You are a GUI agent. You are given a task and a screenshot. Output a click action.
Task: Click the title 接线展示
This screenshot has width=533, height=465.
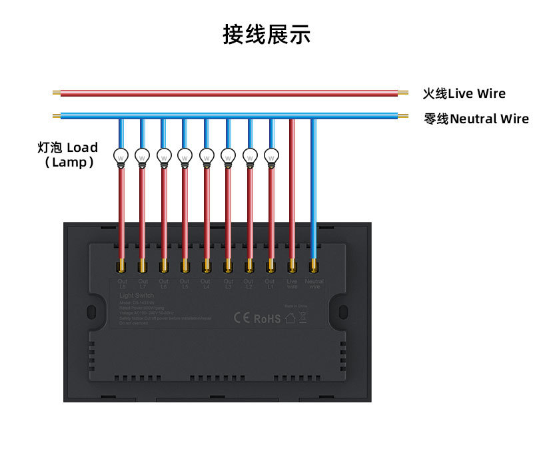click(266, 35)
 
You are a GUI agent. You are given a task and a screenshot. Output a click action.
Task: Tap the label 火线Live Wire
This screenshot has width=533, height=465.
click(464, 94)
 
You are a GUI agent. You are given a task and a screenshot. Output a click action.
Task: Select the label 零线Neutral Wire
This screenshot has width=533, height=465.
click(476, 119)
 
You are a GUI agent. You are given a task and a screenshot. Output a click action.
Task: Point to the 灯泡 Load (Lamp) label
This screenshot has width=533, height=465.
click(68, 155)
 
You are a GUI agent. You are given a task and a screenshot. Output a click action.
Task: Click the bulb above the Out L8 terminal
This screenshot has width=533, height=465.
click(121, 156)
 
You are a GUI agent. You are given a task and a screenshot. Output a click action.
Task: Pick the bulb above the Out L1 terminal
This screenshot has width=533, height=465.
click(270, 156)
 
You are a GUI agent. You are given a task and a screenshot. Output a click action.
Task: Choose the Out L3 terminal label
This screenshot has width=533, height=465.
click(227, 284)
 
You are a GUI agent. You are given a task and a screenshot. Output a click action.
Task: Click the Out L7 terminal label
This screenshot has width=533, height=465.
click(142, 284)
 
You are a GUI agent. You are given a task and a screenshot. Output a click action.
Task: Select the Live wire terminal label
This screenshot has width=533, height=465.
click(292, 284)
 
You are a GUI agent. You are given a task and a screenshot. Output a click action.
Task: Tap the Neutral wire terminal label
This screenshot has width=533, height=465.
click(314, 284)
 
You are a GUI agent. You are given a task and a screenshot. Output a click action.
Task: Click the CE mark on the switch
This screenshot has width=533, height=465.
click(241, 318)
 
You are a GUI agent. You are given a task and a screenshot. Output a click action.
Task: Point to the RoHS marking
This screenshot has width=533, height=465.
click(267, 319)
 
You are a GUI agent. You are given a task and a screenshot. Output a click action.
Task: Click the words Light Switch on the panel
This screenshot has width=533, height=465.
click(136, 295)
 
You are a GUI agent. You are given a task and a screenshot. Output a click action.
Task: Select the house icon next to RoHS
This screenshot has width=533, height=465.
click(290, 318)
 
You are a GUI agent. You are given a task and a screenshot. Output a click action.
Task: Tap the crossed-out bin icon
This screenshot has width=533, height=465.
click(302, 317)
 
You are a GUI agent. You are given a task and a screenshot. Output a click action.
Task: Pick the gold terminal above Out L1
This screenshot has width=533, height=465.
click(270, 267)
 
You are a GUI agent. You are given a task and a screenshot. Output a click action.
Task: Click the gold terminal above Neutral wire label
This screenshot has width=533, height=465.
click(312, 267)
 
